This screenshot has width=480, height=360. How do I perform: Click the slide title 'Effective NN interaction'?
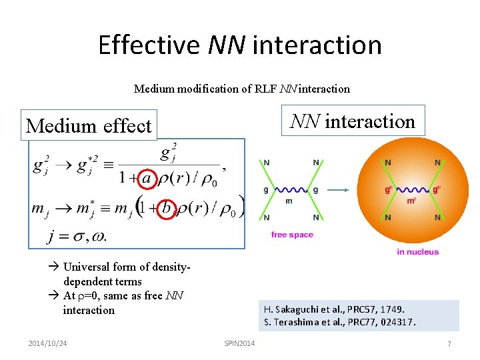[x=240, y=45]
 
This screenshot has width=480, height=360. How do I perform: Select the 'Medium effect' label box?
[x=89, y=125]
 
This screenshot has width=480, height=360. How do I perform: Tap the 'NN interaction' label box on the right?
[x=352, y=121]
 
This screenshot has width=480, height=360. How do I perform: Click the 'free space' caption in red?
[x=292, y=235]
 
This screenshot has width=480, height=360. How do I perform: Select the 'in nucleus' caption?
[x=417, y=251]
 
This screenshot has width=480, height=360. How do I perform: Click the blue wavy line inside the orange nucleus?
[x=413, y=189]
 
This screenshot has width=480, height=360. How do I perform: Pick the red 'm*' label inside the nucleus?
[x=412, y=201]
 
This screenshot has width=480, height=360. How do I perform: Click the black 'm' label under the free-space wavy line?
[x=289, y=201]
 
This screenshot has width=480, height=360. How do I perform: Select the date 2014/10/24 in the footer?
[x=48, y=343]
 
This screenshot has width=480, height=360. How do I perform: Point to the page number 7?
[x=449, y=343]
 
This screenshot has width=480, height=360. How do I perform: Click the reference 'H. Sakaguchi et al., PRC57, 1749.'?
[x=334, y=309]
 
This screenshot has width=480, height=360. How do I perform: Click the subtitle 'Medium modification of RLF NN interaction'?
[x=241, y=89]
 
